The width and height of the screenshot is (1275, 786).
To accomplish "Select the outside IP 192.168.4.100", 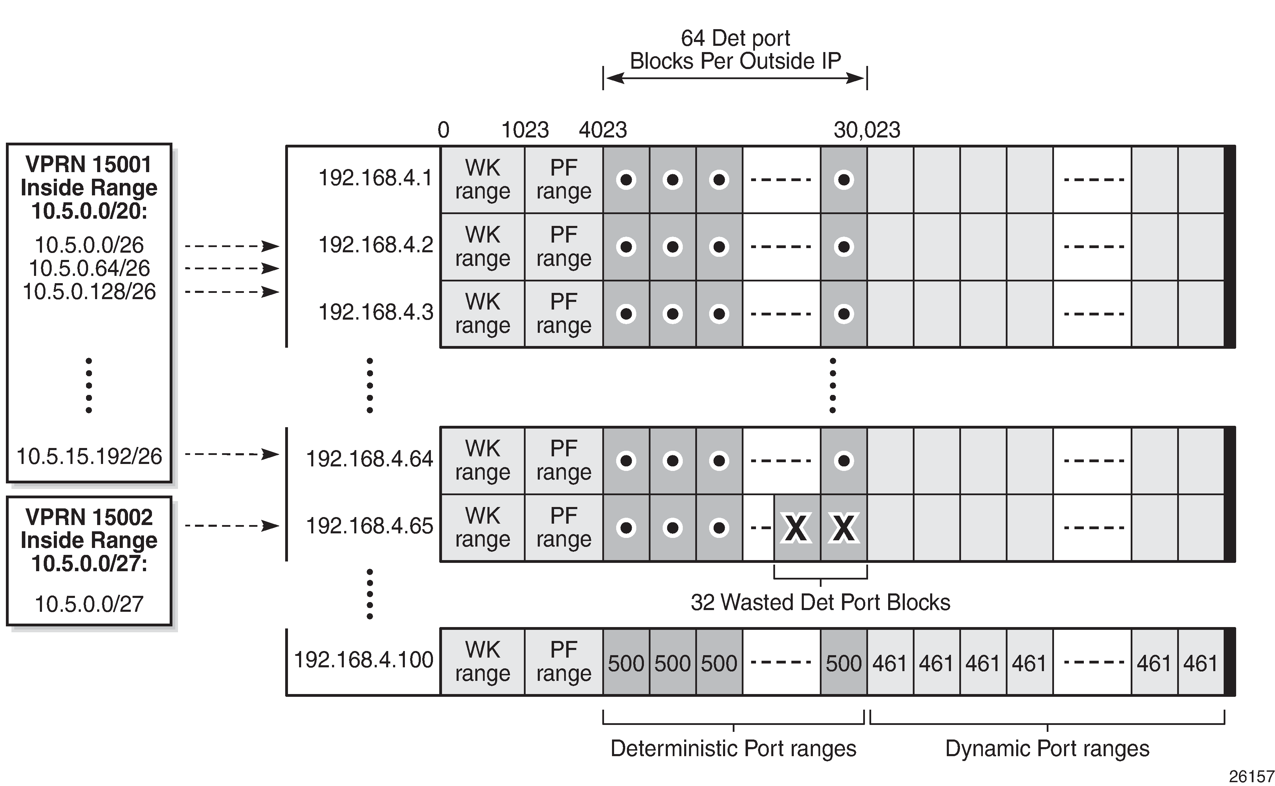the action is [x=364, y=660].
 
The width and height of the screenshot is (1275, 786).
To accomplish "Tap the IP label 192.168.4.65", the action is [x=369, y=526].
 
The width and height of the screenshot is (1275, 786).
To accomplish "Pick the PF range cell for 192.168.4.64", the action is [x=564, y=460].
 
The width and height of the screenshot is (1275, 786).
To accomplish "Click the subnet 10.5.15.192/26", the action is [x=90, y=456].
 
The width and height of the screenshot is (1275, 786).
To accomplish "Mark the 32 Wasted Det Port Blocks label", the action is [x=821, y=602].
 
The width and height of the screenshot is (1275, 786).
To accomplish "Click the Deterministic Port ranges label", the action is [x=733, y=749].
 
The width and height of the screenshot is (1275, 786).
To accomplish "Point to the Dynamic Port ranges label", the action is [x=1047, y=749].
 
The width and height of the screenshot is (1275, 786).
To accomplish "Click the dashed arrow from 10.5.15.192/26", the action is [x=232, y=454].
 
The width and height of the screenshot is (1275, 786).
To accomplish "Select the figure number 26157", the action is [x=1251, y=776].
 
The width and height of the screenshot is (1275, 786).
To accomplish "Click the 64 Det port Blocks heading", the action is [x=735, y=50].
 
